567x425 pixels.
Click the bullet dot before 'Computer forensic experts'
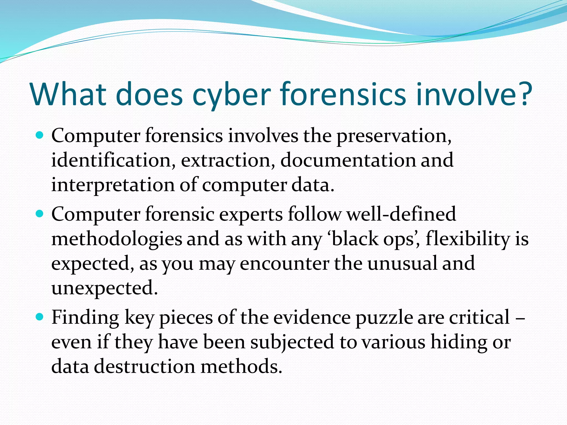[40, 214]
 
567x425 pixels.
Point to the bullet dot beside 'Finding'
[40, 317]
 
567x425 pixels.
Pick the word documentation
[348, 160]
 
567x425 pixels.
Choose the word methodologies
[117, 239]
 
